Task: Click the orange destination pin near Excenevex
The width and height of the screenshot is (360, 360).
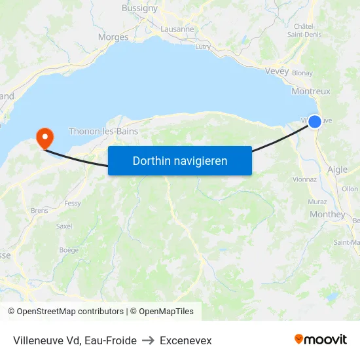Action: [45, 137]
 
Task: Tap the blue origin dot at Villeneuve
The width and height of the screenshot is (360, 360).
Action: [315, 122]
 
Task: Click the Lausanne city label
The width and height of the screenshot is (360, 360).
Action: [177, 29]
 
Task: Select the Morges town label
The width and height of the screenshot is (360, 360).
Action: [113, 37]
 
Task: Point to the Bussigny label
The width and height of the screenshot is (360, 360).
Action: [139, 9]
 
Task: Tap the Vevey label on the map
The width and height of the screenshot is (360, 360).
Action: [277, 71]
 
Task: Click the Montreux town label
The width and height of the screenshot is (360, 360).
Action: [311, 92]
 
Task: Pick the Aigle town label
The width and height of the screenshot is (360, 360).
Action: [337, 170]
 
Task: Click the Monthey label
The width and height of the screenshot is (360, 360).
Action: [327, 214]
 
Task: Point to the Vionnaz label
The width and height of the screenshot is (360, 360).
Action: [304, 179]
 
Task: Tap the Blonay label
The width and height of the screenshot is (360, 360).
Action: [302, 73]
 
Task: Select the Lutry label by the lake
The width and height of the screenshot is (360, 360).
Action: [203, 46]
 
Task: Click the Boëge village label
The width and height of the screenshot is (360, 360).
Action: [69, 250]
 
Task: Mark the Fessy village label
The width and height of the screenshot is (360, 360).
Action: [73, 204]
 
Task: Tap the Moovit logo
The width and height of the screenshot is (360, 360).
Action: [320, 340]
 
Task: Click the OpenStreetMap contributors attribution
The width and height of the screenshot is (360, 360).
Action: [65, 312]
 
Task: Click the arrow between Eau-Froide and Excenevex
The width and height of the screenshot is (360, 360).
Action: [148, 340]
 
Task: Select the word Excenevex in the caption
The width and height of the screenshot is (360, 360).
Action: [186, 340]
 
